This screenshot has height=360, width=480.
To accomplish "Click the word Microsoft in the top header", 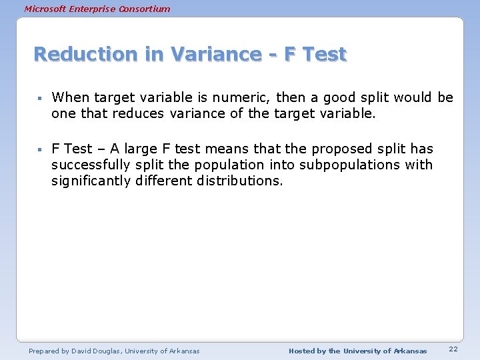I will coord(44,9).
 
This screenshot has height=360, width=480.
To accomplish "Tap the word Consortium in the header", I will coord(146,9).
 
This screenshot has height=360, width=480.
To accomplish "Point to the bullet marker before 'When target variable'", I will coord(41,99).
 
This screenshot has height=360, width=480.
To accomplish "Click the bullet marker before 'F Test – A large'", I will coord(41,149).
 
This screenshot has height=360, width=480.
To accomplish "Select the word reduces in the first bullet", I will coord(138,114).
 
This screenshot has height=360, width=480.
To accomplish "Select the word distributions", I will coord(240,181).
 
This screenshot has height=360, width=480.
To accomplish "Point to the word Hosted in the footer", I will coord(303,351).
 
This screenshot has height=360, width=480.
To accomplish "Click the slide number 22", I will coord(453,350).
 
